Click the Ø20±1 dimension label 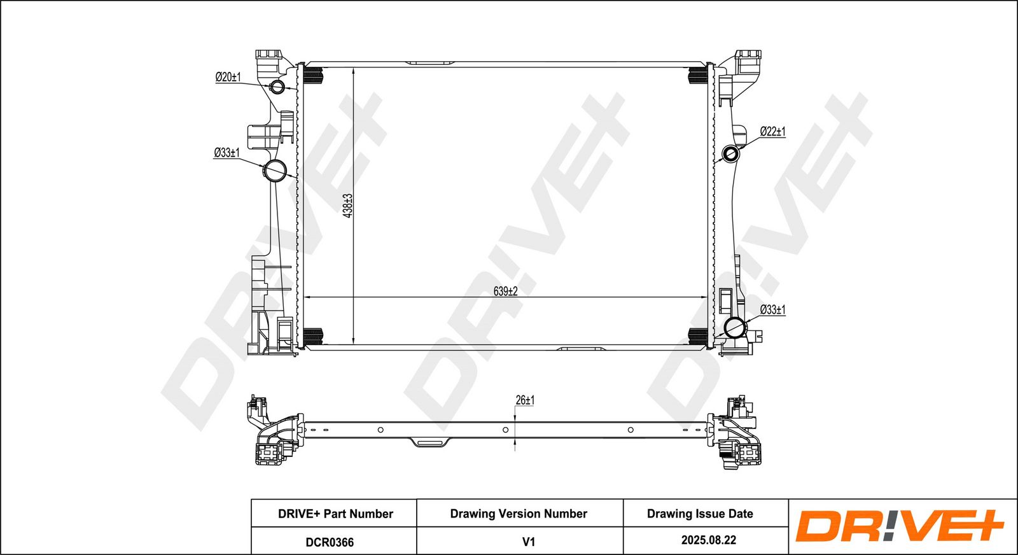pyautogui.click(x=228, y=77)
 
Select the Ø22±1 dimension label pyautogui.click(x=772, y=132)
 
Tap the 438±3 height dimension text pyautogui.click(x=348, y=206)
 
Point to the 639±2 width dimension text pyautogui.click(x=505, y=292)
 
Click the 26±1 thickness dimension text pyautogui.click(x=525, y=400)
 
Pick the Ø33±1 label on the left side pyautogui.click(x=227, y=153)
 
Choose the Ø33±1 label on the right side pyautogui.click(x=772, y=310)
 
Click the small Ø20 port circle pyautogui.click(x=277, y=87)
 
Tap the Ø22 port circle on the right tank pyautogui.click(x=731, y=153)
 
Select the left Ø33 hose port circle pyautogui.click(x=275, y=171)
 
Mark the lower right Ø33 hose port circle pyautogui.click(x=735, y=327)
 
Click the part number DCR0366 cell pyautogui.click(x=330, y=542)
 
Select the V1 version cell pyautogui.click(x=528, y=542)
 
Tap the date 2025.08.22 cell pyautogui.click(x=709, y=540)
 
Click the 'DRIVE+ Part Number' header pyautogui.click(x=335, y=514)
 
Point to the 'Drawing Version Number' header pyautogui.click(x=519, y=514)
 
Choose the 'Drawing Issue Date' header pyautogui.click(x=700, y=514)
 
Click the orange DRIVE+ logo pyautogui.click(x=899, y=526)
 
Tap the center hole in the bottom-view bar pyautogui.click(x=505, y=430)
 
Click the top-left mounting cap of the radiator pyautogui.click(x=268, y=55)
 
